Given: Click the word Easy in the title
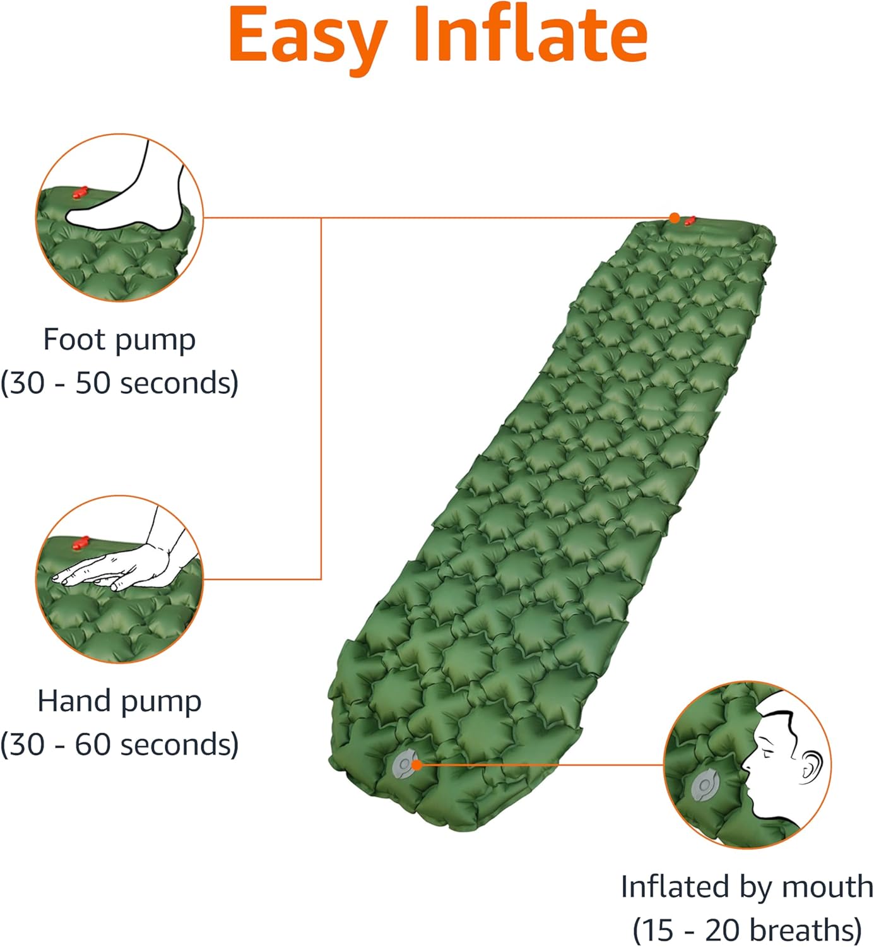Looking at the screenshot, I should point(307,37).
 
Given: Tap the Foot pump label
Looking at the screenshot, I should point(119,340).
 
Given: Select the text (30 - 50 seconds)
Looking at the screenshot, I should point(119,383).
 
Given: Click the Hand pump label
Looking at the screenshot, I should point(119,701).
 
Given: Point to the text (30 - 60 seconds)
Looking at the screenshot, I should point(119,744).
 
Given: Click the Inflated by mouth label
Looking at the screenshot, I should point(747,886).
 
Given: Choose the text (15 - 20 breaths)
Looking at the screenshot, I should point(747,929).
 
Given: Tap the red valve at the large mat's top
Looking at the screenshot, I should point(689,220).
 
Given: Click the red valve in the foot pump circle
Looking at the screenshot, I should point(80,192).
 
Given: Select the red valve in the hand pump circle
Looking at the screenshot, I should point(81,542).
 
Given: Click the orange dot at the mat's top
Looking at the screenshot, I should point(674,218).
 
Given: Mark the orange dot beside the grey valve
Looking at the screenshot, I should point(416,765).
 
